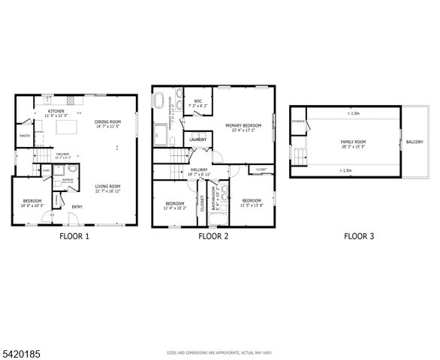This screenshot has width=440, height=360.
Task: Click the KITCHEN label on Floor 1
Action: (56, 112)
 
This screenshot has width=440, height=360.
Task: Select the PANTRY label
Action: (24, 136)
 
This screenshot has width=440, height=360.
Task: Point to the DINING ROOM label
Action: (108, 121)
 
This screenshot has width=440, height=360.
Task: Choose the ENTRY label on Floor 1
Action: (77, 207)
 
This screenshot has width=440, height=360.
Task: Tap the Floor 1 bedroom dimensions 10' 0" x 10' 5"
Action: (32, 205)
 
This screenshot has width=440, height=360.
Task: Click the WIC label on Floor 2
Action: (197, 101)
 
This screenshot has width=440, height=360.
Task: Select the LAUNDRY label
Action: (198, 139)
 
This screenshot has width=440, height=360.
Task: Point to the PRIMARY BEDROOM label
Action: (243, 125)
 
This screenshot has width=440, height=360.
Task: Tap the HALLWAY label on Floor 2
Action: (199, 169)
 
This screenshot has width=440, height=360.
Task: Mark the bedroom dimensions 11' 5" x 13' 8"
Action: (251, 205)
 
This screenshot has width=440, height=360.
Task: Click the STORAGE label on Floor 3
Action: (298, 121)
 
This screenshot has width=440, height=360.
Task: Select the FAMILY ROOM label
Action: (353, 142)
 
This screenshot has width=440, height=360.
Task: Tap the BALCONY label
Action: (414, 142)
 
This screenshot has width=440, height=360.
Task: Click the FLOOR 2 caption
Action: (213, 236)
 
